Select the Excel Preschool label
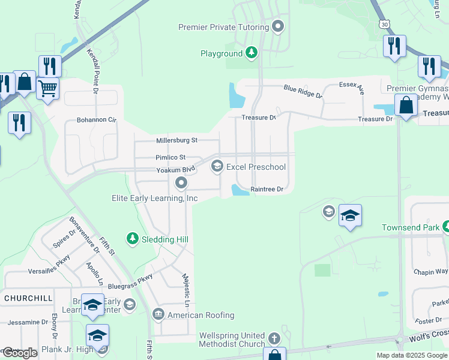click(256, 167)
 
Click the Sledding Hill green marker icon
click(132, 239)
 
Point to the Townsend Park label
click(411, 228)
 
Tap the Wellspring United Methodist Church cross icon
click(274, 338)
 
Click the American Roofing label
click(200, 315)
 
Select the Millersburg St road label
click(176, 140)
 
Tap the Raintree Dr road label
click(267, 189)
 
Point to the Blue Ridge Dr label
click(303, 91)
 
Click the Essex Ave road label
click(352, 88)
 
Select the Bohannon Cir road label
click(96, 120)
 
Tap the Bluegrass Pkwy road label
click(131, 283)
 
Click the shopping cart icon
click(48, 89)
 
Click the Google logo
click(20, 353)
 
